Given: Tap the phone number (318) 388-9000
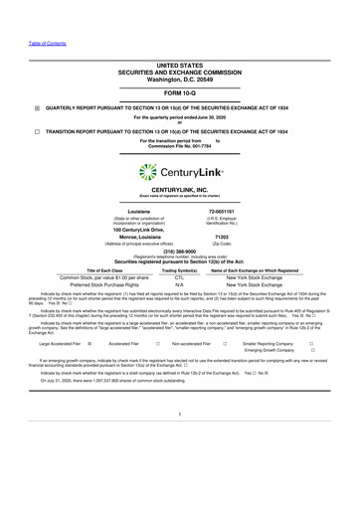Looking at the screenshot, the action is click(x=179, y=252).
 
